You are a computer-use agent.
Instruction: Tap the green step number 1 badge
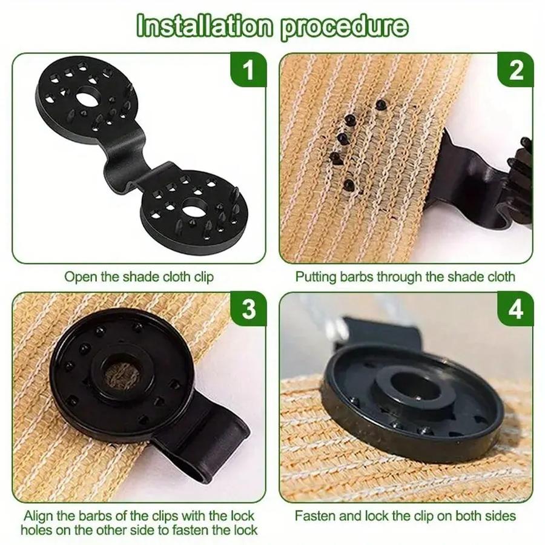pyautogui.click(x=248, y=70)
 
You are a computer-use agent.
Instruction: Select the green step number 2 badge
pyautogui.click(x=515, y=70)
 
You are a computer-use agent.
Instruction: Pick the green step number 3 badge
pyautogui.click(x=248, y=309)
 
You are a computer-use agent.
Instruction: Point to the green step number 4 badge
pyautogui.click(x=515, y=309)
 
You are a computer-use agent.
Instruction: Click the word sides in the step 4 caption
pyautogui.click(x=501, y=517)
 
